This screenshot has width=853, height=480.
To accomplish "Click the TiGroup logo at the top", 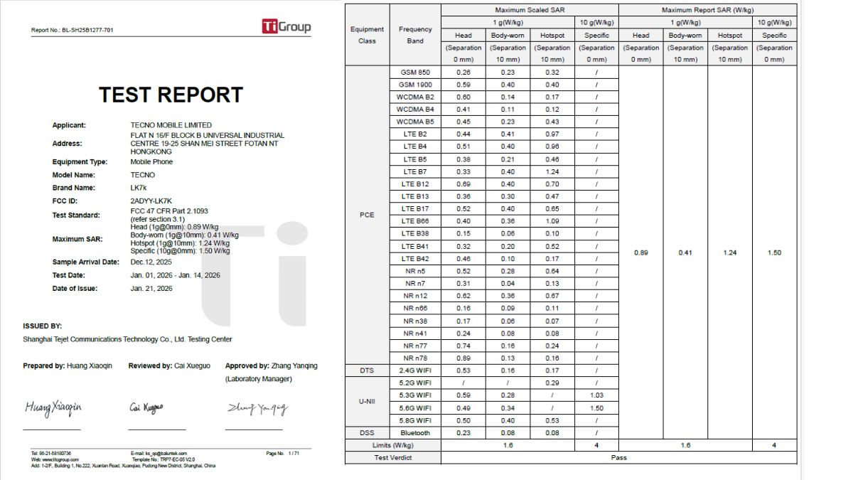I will pos(286,27).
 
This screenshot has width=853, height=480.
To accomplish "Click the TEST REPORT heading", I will pos(171,95).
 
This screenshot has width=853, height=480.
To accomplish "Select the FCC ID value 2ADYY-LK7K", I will pos(151,201).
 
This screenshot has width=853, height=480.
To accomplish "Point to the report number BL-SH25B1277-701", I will pos(72,30).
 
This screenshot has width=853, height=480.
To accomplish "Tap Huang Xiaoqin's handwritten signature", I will pos(53,407).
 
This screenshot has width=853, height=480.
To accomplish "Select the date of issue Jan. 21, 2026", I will pos(151,289).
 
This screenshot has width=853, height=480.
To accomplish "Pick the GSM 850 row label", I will pos(415,73).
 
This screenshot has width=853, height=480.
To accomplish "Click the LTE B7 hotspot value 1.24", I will pos(552,171).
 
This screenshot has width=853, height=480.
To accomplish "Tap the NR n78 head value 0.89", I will pos(463,358).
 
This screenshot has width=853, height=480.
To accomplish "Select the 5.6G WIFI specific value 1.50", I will pos(596,408).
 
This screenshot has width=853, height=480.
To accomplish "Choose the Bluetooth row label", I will pos(415,433).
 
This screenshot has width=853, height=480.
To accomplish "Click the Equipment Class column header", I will pos(367,35).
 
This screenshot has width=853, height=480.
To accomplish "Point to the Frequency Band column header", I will pos(415,35).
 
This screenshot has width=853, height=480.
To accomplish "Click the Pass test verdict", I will pos(618,458).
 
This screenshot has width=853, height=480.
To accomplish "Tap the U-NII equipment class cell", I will pos(367,402).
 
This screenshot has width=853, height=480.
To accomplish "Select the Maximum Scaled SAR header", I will pos(530,10).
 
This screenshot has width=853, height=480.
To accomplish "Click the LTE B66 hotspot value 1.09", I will pos(552,221).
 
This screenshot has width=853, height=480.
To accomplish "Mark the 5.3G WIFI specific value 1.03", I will pos(596,395).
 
